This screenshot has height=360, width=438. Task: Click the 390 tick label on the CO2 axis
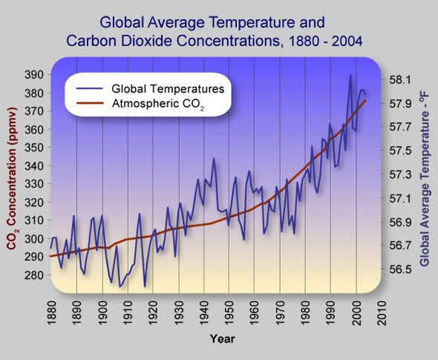click(x=34, y=74)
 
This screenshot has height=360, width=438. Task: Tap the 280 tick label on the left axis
click(x=34, y=275)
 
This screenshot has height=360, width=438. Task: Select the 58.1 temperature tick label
click(x=400, y=80)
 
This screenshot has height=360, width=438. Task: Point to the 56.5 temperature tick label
click(x=400, y=269)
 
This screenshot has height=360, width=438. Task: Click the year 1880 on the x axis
click(x=52, y=312)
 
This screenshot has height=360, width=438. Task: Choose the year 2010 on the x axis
click(x=382, y=312)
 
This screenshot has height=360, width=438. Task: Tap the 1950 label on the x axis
click(x=229, y=312)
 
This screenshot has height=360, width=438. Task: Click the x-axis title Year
click(x=223, y=338)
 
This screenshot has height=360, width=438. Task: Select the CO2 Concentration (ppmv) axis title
click(x=12, y=178)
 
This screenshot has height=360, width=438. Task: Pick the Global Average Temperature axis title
click(x=425, y=178)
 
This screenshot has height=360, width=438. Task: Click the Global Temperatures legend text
click(x=168, y=89)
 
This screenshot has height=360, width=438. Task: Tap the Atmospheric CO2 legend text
click(x=158, y=104)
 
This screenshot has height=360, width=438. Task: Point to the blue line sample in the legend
click(x=89, y=89)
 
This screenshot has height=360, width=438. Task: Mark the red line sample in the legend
click(x=89, y=103)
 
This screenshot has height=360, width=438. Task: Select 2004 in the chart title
click(x=347, y=41)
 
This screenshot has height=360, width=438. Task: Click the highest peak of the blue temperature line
click(x=350, y=76)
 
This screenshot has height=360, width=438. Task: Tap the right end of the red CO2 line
click(x=365, y=100)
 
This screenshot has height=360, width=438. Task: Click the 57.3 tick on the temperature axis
click(x=400, y=175)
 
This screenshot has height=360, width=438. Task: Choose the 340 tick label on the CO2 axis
click(x=34, y=166)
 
